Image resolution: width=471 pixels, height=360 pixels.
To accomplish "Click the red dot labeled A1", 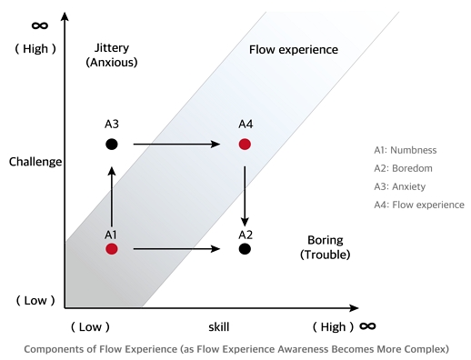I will point(112,248).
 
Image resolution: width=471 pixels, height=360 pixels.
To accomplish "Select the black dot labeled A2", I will point(245,248).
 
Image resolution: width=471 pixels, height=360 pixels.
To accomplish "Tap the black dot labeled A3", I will point(112,144).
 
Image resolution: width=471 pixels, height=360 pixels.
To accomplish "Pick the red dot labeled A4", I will point(245,144).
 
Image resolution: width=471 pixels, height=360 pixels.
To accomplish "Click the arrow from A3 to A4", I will point(178,144).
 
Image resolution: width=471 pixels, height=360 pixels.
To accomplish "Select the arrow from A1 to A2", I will point(178,248).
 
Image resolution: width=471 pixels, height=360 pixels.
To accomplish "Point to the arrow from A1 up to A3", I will point(112,195).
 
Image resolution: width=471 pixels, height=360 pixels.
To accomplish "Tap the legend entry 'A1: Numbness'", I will point(406,150).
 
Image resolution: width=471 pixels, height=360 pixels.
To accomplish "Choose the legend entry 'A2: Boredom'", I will point(404,168).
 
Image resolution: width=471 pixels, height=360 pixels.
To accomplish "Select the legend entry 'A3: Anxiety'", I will point(402,186).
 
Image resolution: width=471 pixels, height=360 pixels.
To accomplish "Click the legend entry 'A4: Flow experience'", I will point(418,205).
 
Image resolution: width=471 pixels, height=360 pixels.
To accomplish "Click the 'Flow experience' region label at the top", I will point(293,48).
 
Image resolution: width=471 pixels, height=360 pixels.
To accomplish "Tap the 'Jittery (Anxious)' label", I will point(111,55).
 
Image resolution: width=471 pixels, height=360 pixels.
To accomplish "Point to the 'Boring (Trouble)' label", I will point(325,247).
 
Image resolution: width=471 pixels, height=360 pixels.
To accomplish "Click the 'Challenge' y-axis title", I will point(35,162).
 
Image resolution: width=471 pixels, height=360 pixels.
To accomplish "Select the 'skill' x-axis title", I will point(217,325).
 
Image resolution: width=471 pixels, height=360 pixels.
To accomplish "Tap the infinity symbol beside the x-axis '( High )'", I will point(368,325).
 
